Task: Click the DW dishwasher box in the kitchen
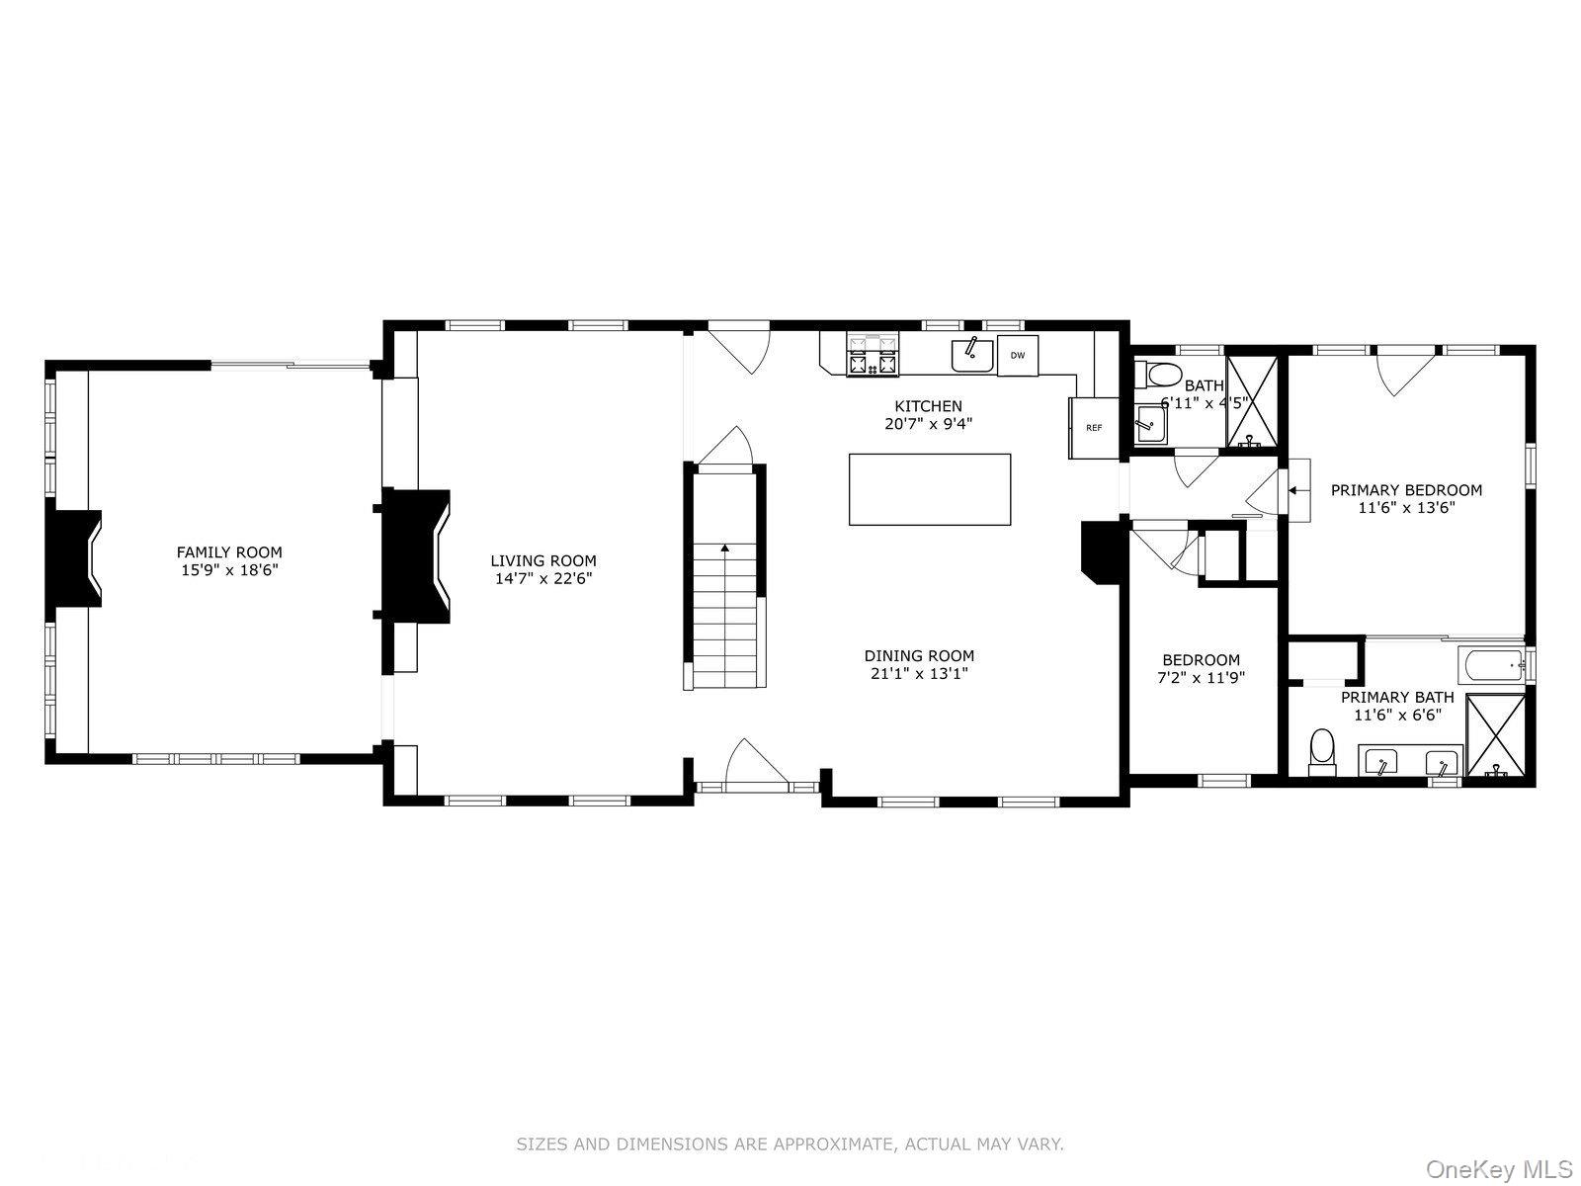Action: tap(1017, 355)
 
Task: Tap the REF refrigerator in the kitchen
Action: tap(1094, 428)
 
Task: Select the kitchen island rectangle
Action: tap(929, 489)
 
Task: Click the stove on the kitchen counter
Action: tap(873, 355)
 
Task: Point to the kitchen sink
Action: tap(971, 355)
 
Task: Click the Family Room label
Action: tap(229, 552)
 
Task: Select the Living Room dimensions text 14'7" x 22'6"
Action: tap(543, 578)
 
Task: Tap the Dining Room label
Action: tap(919, 656)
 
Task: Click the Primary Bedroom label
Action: tap(1406, 490)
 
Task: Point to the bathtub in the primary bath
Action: tap(1492, 664)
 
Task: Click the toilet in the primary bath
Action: tap(1322, 752)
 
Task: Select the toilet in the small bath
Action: tap(1157, 376)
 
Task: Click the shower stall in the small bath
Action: tap(1252, 401)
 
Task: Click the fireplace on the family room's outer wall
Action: tap(73, 558)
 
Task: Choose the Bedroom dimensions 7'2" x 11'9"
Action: tap(1201, 678)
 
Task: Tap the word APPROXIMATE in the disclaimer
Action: tap(837, 1144)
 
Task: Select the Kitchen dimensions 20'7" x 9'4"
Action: tap(929, 424)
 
